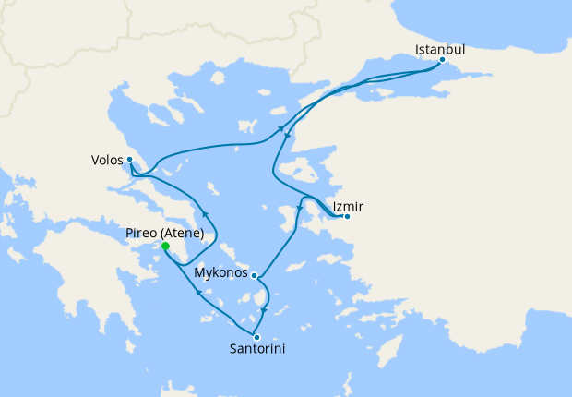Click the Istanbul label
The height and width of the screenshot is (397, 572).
pos(439,48)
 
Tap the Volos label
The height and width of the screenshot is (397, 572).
pos(107,160)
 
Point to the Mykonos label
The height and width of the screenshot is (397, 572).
pos(221,273)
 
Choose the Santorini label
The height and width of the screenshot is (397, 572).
pos(257,349)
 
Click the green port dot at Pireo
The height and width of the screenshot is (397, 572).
pos(165,247)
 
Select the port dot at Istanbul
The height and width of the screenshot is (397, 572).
pos(442,60)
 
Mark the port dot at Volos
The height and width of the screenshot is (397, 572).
pos(130,159)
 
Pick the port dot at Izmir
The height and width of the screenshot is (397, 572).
pos(346,217)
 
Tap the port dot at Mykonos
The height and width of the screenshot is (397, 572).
pos(254,274)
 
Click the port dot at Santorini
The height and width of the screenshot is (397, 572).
pos(256,337)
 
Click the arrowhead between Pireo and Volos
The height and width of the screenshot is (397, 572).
pos(206,214)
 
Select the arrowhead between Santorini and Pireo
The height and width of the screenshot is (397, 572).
pos(198,293)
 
